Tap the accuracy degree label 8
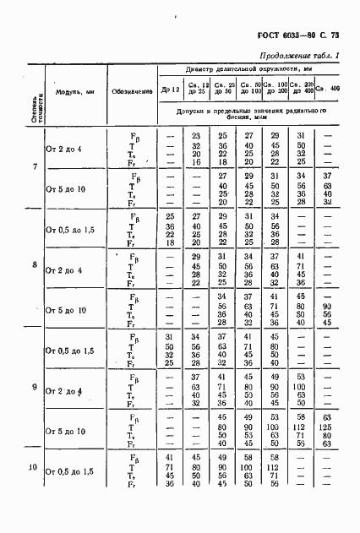[34, 265]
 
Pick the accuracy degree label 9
[34, 387]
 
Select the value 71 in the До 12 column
[170, 465]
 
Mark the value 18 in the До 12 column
[170, 242]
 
